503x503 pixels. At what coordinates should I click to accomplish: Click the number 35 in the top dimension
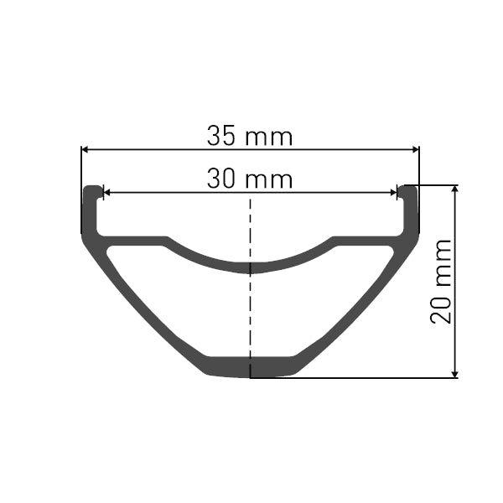(x=222, y=135)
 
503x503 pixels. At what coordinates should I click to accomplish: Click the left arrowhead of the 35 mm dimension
(x=85, y=149)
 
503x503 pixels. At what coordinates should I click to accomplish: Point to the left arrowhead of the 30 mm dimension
(x=106, y=193)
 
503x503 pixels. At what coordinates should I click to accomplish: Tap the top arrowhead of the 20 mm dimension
(x=455, y=189)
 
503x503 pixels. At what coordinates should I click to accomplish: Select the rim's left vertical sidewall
(x=90, y=210)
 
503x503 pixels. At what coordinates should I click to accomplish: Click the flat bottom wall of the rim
(x=250, y=366)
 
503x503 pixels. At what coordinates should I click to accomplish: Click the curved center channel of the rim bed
(x=250, y=267)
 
